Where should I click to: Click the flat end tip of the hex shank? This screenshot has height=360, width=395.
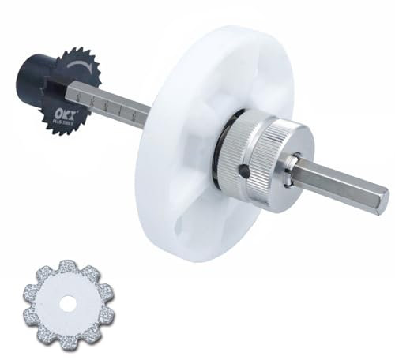[382, 194]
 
